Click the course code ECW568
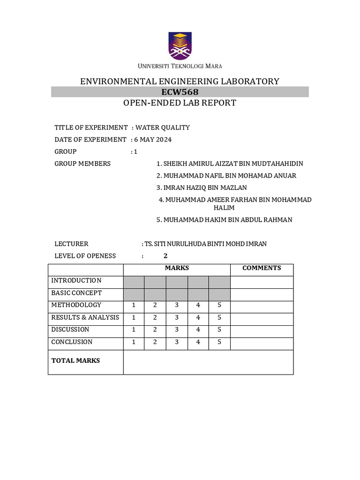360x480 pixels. pos(180,92)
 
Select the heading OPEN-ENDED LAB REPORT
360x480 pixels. pos(180,103)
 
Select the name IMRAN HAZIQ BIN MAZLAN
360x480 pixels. pos(202,187)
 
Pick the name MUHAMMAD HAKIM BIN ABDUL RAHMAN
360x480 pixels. pos(225,219)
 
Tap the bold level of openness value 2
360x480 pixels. pos(165,256)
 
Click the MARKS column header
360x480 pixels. pos(177,268)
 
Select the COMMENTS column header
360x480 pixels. pos(262,268)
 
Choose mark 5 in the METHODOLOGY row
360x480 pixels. pos(219,305)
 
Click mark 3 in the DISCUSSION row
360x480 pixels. pos(177,330)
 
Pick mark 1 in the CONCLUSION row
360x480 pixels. pos(134,342)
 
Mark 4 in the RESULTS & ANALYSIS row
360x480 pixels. pos(198,317)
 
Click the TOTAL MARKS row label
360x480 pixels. pos(76,360)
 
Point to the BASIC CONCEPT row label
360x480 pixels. pos(76,293)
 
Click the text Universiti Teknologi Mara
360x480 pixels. pos(180,66)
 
